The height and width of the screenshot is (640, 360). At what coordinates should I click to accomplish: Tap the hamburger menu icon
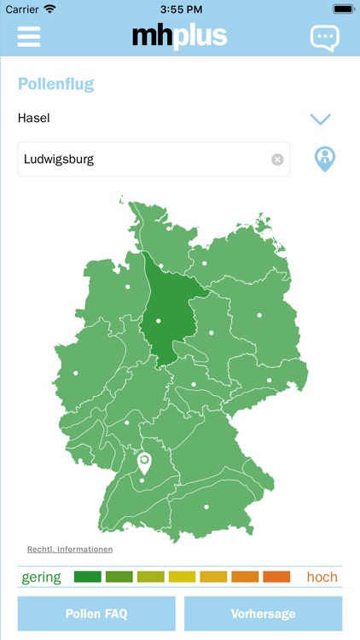(29, 37)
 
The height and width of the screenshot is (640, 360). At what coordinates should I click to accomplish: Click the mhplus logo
(179, 36)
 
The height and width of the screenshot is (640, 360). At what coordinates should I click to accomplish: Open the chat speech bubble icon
(324, 38)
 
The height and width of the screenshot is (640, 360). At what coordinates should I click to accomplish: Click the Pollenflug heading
(55, 84)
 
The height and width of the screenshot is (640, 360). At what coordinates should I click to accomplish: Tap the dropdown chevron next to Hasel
(321, 119)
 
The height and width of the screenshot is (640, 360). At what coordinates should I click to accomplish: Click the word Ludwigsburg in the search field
(59, 159)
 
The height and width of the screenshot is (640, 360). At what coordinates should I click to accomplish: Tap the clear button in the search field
(277, 160)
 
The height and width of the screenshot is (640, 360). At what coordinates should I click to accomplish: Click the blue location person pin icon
(325, 159)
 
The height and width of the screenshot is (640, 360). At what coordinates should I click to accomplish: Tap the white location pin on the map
(144, 463)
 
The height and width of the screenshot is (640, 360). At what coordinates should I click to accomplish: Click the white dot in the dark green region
(159, 321)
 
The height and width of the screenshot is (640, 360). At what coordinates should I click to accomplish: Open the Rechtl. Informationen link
(70, 550)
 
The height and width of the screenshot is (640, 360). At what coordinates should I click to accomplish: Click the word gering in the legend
(42, 577)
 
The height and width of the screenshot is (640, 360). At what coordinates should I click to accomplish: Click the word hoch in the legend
(322, 577)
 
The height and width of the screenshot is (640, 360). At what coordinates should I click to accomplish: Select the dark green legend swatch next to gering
(88, 577)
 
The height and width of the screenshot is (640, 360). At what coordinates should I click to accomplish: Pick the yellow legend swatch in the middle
(183, 577)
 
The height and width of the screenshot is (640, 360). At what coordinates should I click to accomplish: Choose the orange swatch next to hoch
(276, 577)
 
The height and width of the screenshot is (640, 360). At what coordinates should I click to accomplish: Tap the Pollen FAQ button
(96, 614)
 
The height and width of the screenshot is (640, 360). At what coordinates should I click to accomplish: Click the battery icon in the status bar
(343, 9)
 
